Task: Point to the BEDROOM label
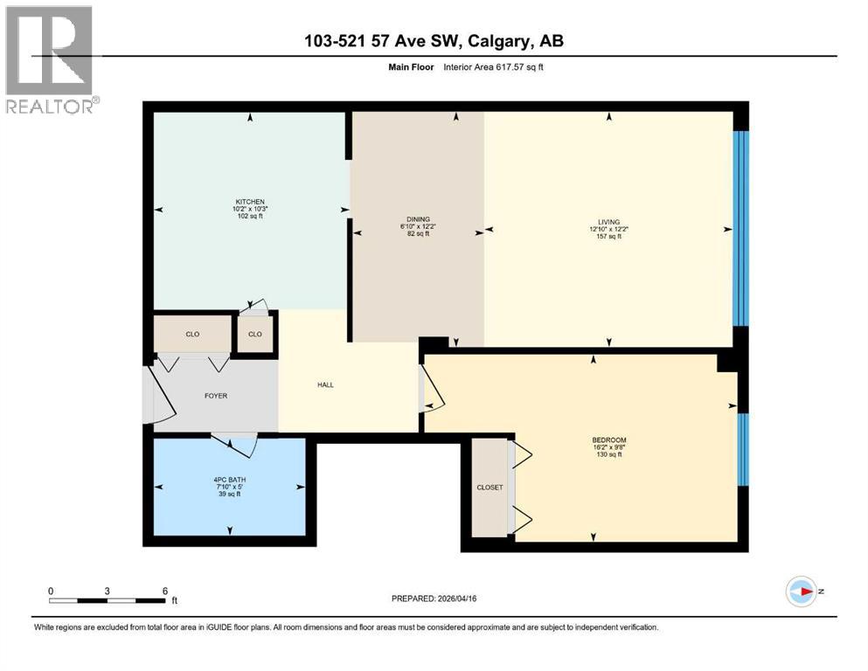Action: point(608,439)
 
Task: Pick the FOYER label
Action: point(215,396)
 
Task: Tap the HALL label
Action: point(325,384)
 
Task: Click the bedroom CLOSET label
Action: point(490,488)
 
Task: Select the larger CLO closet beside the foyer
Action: point(192,333)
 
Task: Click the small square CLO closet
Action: point(255,333)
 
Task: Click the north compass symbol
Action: point(801,591)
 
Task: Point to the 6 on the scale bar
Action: point(164,591)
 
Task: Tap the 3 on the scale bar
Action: point(108,591)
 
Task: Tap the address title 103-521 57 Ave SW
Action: point(434,41)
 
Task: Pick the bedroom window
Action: point(742,449)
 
